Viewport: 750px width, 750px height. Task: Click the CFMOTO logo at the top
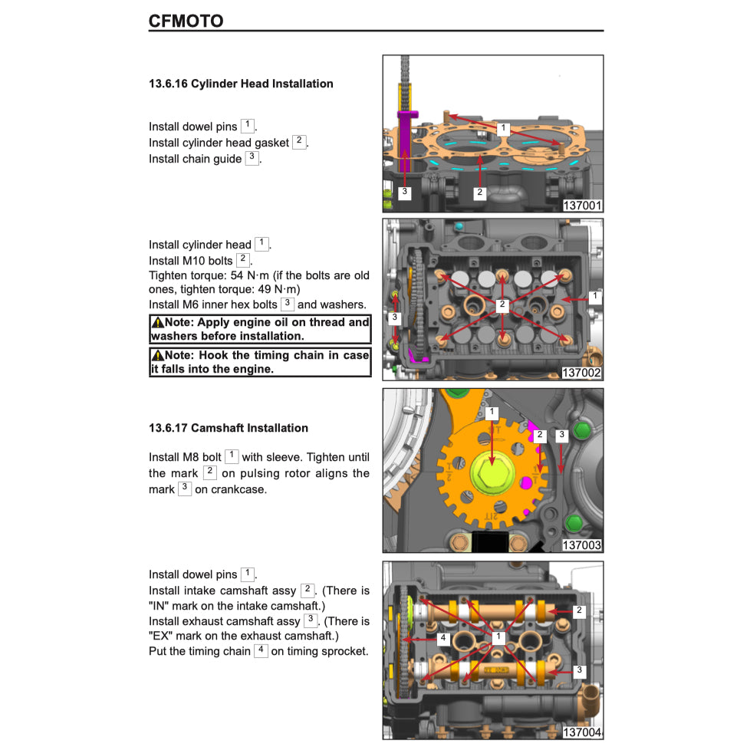[x=186, y=21]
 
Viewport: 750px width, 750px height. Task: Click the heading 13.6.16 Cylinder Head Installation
[x=241, y=84]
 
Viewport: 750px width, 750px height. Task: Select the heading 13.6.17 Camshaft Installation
[x=228, y=428]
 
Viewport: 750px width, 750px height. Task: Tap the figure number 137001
[x=582, y=206]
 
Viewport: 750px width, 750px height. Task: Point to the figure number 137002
[x=582, y=373]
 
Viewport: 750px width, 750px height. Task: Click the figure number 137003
[x=582, y=545]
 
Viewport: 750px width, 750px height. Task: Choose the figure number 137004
[x=582, y=732]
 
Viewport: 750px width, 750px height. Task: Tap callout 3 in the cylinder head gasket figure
[x=405, y=193]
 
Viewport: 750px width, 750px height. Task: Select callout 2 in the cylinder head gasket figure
[x=479, y=192]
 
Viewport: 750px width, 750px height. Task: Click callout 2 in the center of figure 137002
[x=502, y=305]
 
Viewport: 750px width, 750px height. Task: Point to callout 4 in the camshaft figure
[x=442, y=637]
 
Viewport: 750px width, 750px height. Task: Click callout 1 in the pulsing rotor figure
[x=492, y=413]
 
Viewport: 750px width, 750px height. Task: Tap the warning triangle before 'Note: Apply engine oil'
[x=157, y=323]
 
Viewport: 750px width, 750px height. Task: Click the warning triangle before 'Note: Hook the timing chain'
[x=157, y=356]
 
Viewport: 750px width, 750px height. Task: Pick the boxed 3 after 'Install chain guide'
[x=252, y=158]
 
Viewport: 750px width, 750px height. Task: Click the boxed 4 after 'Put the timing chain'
[x=261, y=650]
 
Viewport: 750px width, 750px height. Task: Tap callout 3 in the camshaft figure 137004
[x=579, y=670]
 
